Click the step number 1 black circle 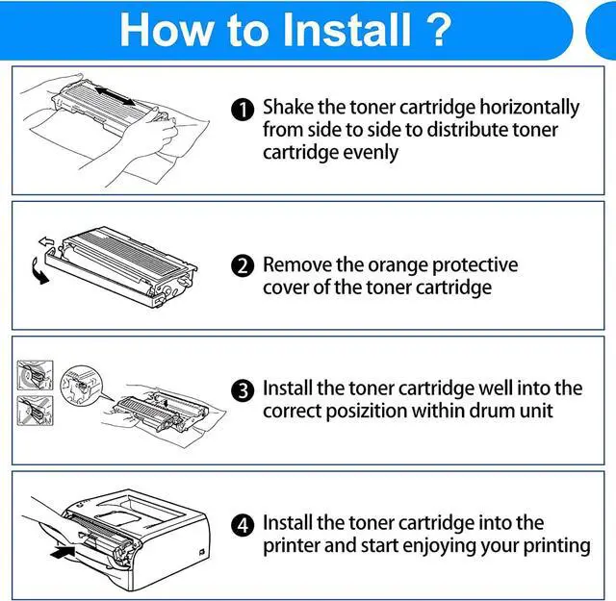click(x=243, y=110)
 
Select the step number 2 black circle click(x=243, y=265)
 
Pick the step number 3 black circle click(x=243, y=390)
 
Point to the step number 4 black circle click(x=243, y=525)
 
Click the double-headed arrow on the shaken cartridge click(x=115, y=96)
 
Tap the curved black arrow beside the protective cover click(x=38, y=271)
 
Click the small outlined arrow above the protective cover click(x=46, y=241)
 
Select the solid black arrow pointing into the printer click(x=63, y=552)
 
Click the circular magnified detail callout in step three click(x=81, y=385)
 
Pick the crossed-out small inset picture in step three click(x=35, y=411)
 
